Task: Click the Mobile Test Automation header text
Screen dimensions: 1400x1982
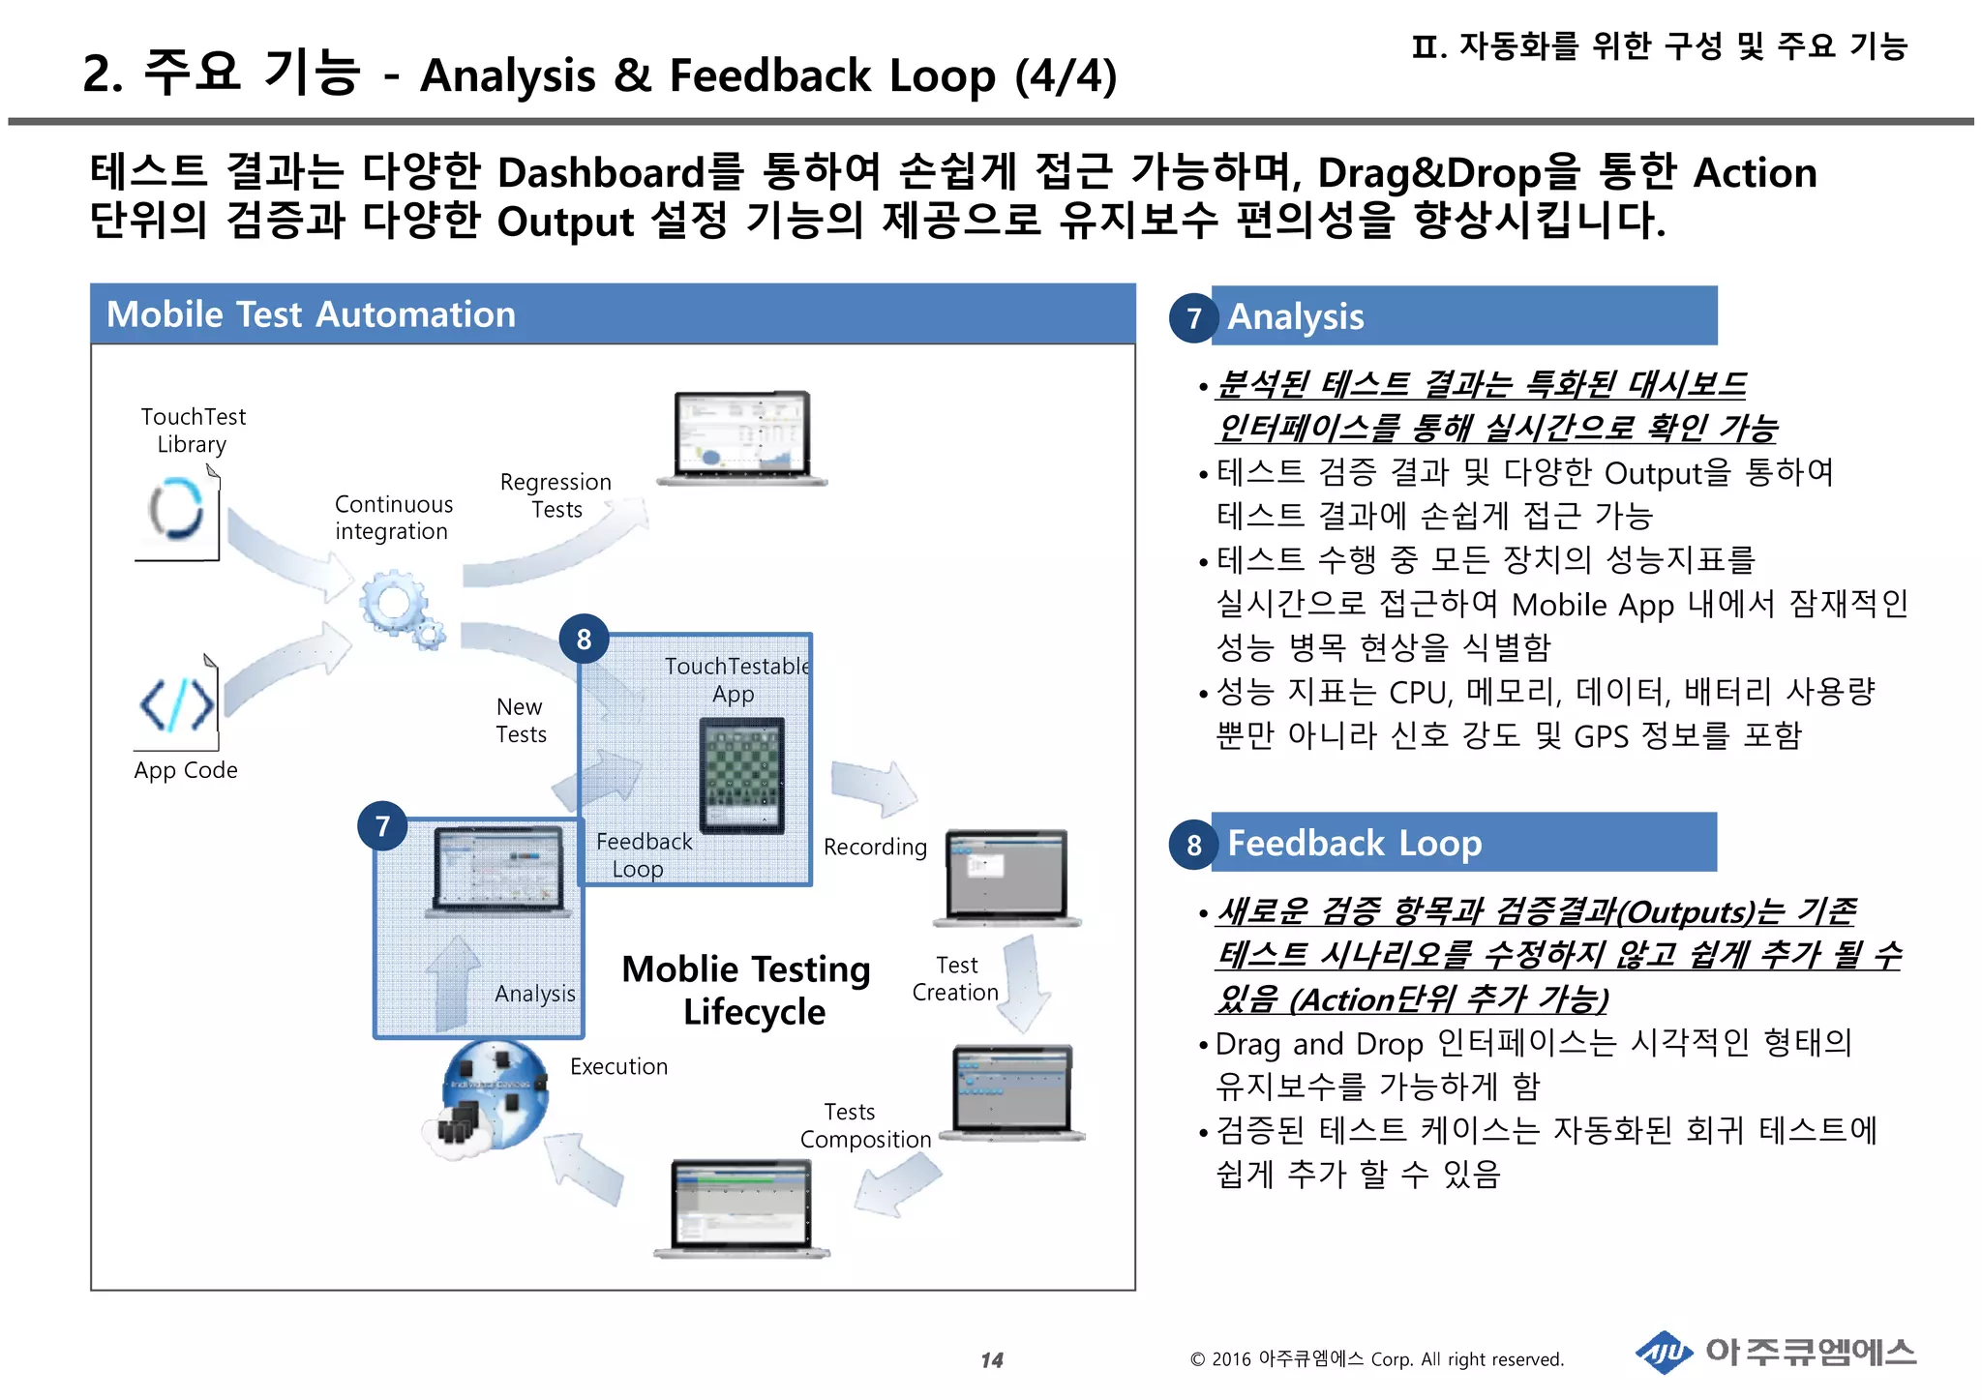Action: [x=311, y=314]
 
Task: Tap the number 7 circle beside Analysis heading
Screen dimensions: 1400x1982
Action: [x=1193, y=318]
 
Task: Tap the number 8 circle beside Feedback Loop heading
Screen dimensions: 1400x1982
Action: [x=1193, y=845]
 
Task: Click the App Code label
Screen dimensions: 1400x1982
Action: [x=186, y=770]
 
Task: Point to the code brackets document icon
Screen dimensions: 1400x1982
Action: [x=178, y=703]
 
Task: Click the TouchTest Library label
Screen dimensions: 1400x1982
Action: [x=193, y=431]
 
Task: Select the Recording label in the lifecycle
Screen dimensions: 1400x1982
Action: [x=875, y=848]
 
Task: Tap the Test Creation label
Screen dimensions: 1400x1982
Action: [x=955, y=979]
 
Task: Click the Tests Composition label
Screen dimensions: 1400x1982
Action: [x=864, y=1126]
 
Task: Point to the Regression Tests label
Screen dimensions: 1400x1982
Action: [x=556, y=495]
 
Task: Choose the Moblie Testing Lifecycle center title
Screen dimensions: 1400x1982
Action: [x=747, y=990]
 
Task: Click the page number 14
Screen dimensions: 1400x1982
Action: [x=991, y=1360]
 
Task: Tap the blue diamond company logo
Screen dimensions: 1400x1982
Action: [x=1664, y=1353]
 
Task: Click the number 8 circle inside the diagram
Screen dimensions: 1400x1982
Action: [x=584, y=639]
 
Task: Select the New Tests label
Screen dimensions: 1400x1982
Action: [x=521, y=721]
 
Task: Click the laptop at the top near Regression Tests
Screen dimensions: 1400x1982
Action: [x=742, y=436]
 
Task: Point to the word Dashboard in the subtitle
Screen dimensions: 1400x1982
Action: [x=601, y=173]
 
